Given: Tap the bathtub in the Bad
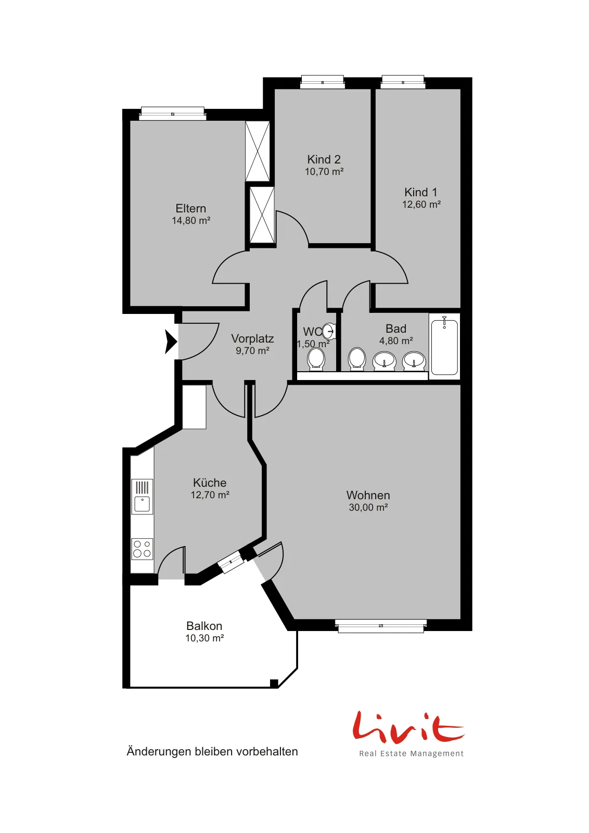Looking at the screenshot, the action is click(x=444, y=346).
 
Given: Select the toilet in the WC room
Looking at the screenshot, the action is click(x=316, y=359).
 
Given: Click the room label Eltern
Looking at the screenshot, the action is click(x=190, y=208).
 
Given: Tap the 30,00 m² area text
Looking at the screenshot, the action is click(x=368, y=507).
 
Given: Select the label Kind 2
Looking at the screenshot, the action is click(x=324, y=159).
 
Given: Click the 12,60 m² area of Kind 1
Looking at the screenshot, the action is click(x=421, y=204).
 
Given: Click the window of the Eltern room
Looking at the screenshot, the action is click(x=172, y=113).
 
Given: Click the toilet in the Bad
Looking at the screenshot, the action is click(x=357, y=359).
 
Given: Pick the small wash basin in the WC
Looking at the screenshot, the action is click(x=329, y=331).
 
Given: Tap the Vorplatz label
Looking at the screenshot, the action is click(x=252, y=338).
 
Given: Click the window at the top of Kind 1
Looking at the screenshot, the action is click(x=403, y=82).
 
